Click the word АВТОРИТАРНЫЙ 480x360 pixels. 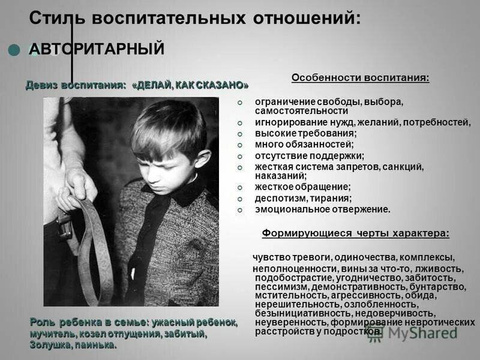click(x=97, y=49)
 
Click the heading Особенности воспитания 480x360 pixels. click(x=360, y=77)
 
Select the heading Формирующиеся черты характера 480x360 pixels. click(x=356, y=233)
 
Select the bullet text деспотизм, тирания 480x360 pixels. click(x=303, y=198)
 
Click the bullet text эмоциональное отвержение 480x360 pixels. click(x=322, y=209)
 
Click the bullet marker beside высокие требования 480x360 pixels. click(x=240, y=134)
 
